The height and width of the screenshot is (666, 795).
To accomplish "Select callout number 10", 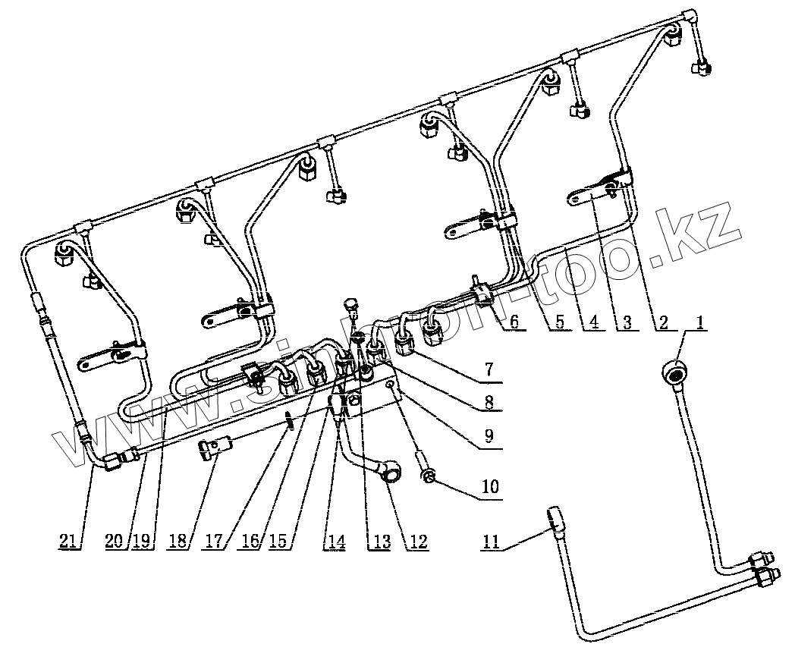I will pyautogui.click(x=490, y=485).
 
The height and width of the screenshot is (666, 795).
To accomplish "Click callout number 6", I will pyautogui.click(x=514, y=322).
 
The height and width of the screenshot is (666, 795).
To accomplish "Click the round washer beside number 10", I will pyautogui.click(x=429, y=476).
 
